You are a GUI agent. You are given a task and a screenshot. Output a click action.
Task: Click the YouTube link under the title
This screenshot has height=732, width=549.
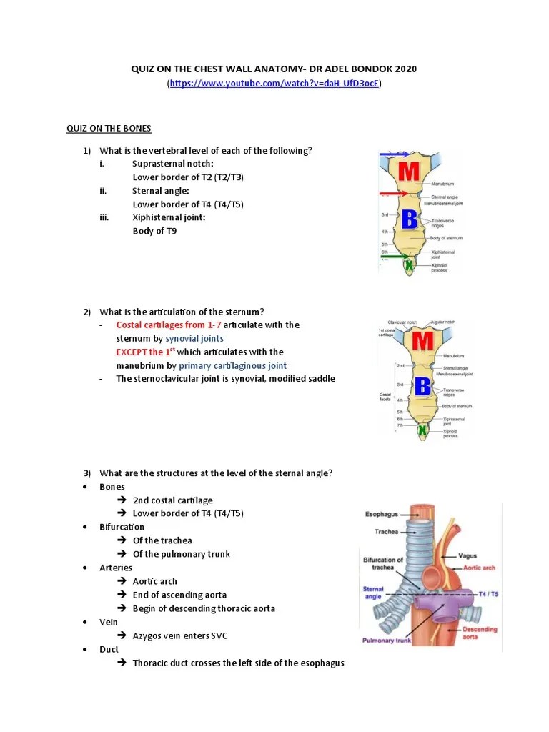(x=274, y=84)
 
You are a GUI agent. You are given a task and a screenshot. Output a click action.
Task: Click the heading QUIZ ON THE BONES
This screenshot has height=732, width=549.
(x=109, y=128)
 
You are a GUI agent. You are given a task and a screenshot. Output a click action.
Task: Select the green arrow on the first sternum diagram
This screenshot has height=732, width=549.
(x=395, y=254)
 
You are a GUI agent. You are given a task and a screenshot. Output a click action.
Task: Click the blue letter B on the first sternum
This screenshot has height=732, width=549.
(x=410, y=219)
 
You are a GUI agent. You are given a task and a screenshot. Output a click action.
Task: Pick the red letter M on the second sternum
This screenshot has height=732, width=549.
(x=422, y=342)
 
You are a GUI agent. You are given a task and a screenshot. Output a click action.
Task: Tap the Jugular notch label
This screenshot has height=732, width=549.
(x=442, y=322)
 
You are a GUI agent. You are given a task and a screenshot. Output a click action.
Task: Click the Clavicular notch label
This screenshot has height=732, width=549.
(x=402, y=322)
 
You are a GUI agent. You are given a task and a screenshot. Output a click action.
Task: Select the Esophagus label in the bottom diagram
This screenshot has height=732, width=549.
(x=382, y=513)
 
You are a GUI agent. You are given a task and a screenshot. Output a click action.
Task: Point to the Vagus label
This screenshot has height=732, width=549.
(x=467, y=556)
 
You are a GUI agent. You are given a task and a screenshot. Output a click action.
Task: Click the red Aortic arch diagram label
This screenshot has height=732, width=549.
(x=479, y=568)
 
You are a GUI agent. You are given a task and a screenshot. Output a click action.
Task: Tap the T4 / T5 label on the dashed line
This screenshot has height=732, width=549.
(x=489, y=594)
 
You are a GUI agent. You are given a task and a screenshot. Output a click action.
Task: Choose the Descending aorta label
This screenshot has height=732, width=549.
(x=479, y=633)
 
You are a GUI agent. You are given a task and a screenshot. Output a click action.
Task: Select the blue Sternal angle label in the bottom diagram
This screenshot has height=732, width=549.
(x=373, y=593)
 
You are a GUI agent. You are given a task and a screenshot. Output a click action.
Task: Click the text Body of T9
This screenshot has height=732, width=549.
(x=154, y=231)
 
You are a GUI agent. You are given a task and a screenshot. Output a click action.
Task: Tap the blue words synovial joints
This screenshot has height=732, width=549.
(x=194, y=338)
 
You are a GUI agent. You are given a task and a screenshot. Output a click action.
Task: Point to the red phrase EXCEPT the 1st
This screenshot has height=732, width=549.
(x=145, y=352)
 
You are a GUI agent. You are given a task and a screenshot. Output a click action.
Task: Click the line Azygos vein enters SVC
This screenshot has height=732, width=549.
(x=179, y=635)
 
